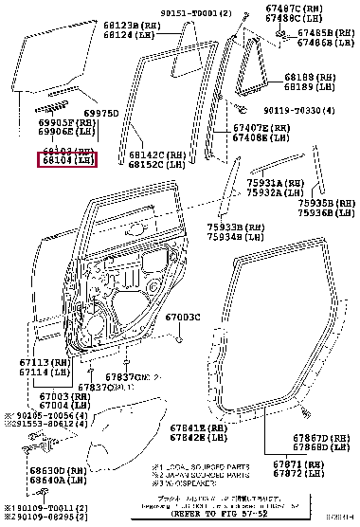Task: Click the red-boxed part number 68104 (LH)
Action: [66, 161]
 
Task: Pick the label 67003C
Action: [184, 317]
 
